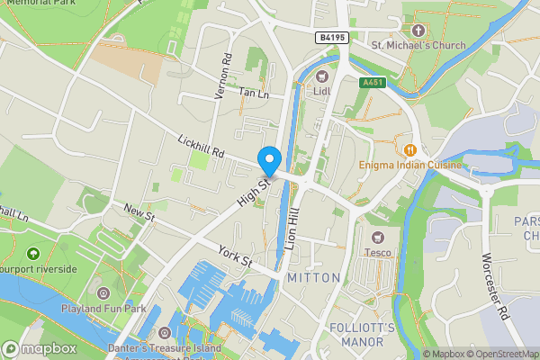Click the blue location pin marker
(268, 160)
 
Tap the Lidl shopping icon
(321, 76)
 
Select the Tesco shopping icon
(378, 236)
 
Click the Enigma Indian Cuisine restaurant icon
(410, 149)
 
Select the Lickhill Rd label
(200, 148)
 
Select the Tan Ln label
(254, 93)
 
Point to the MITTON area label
(313, 278)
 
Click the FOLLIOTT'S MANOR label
(363, 334)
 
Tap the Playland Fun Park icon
(103, 292)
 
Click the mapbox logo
(39, 348)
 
